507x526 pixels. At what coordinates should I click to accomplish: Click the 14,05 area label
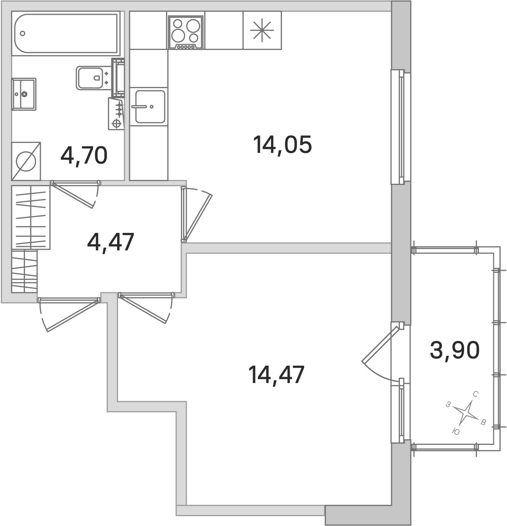(282, 145)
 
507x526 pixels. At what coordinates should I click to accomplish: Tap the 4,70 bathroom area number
(84, 156)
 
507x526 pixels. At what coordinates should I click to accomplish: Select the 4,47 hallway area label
(111, 242)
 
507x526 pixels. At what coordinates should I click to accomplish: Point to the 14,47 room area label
(276, 375)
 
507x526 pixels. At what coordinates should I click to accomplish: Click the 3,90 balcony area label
(454, 350)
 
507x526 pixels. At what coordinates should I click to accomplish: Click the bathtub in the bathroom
(66, 34)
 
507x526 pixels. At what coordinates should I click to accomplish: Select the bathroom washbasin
(24, 94)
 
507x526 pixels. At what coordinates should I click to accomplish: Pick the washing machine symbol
(26, 161)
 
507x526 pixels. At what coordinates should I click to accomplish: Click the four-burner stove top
(186, 33)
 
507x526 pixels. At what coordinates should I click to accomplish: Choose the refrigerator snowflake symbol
(262, 30)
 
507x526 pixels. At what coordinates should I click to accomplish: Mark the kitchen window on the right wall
(397, 127)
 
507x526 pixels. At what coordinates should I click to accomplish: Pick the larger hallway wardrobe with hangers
(31, 217)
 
